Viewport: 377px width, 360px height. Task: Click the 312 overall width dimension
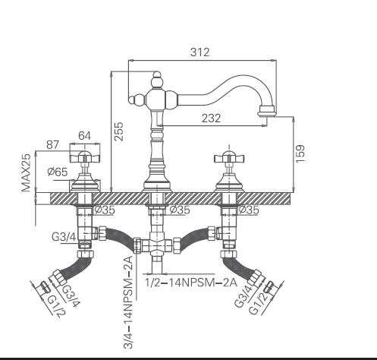(199, 52)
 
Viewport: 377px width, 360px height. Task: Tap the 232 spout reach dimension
(211, 118)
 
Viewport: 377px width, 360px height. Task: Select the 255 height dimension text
(118, 131)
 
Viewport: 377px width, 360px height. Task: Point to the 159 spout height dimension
(300, 154)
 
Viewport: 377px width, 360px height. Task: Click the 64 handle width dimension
(84, 136)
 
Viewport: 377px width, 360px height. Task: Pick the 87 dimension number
(52, 145)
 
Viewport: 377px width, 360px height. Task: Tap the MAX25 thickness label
(26, 172)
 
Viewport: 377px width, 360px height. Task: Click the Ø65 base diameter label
(58, 172)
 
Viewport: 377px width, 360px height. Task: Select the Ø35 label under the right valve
(249, 210)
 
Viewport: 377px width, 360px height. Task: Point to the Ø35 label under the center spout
(180, 210)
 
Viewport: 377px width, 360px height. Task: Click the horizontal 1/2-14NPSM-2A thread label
(191, 283)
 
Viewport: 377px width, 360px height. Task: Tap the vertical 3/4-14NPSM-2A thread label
(127, 302)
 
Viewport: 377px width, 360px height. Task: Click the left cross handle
(84, 158)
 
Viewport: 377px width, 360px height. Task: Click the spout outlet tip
(267, 112)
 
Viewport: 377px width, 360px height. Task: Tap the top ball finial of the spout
(157, 74)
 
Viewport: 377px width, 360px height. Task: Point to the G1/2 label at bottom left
(57, 306)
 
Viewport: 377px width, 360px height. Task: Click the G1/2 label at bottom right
(259, 302)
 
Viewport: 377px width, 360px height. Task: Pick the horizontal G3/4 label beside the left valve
(64, 237)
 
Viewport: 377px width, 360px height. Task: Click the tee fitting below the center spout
(157, 245)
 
